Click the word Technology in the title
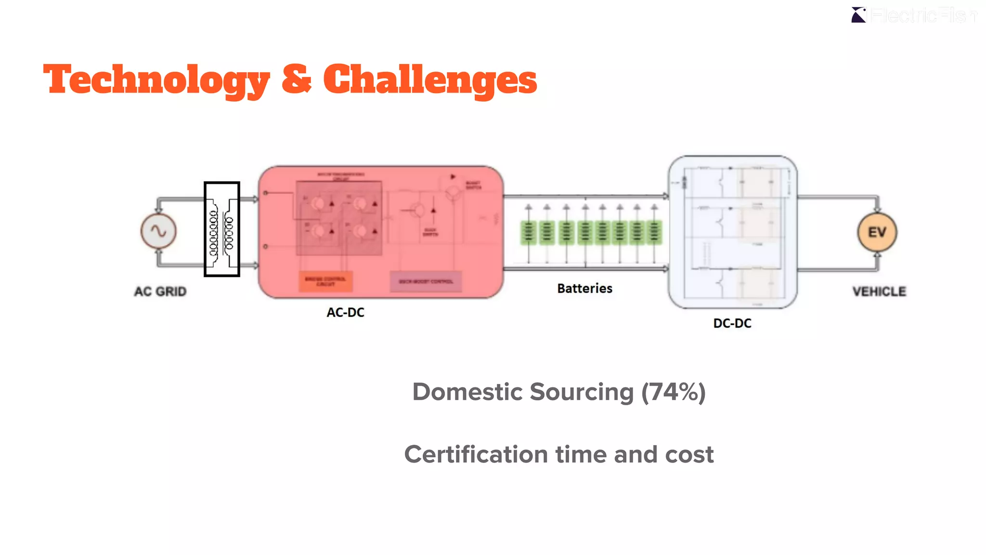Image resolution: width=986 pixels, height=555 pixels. click(156, 80)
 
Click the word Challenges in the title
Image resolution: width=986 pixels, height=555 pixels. click(430, 80)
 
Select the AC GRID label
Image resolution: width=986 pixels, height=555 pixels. click(160, 291)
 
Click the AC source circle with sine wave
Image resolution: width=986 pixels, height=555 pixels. click(158, 231)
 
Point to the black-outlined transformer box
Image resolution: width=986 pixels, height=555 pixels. click(222, 229)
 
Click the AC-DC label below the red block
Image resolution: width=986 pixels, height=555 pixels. click(345, 313)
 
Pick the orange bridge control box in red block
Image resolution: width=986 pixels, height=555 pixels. click(325, 281)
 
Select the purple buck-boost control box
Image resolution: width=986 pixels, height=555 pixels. click(426, 281)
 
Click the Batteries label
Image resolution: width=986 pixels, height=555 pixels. click(584, 289)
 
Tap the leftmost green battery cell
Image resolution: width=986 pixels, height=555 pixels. click(528, 233)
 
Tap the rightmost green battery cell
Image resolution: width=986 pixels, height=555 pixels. click(654, 233)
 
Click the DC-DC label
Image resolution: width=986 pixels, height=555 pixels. click(732, 323)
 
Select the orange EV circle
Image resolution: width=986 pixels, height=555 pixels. click(877, 233)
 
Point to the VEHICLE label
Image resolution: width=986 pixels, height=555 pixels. click(879, 291)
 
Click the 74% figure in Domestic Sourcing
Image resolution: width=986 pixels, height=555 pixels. click(673, 392)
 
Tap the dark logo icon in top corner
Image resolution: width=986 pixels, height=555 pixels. click(858, 15)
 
